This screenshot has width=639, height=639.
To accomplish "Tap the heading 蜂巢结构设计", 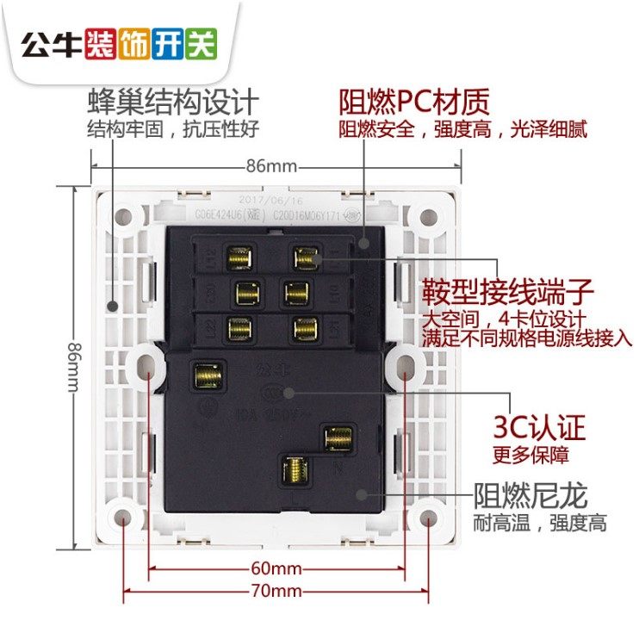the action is pyautogui.click(x=173, y=102).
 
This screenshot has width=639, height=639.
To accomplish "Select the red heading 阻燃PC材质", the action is pyautogui.click(x=414, y=102).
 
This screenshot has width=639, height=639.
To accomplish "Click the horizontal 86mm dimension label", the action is pyautogui.click(x=270, y=164).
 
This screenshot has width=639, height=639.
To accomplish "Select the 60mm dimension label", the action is pyautogui.click(x=276, y=568).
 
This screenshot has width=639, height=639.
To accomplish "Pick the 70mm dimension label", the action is pyautogui.click(x=276, y=591).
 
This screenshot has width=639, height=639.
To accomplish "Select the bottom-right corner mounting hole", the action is pyautogui.click(x=426, y=518).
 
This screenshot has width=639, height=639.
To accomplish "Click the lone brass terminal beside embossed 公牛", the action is pyautogui.click(x=207, y=375).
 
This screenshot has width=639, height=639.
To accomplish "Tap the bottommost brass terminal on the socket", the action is pyautogui.click(x=292, y=470).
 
